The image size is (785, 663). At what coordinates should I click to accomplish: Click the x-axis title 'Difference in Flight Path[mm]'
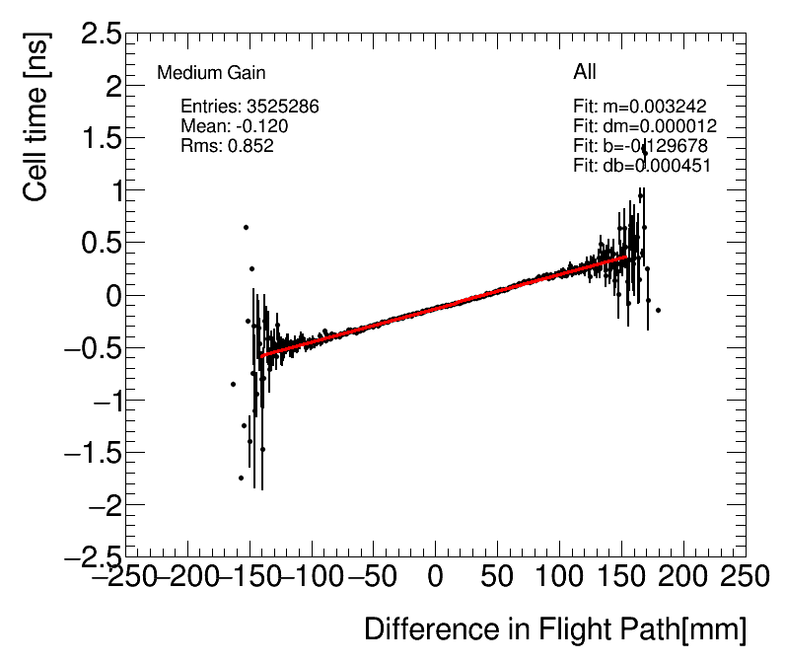pos(555,629)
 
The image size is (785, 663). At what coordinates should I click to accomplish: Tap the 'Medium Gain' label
pos(211,73)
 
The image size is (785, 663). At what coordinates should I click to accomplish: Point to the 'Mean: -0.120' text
pos(235,126)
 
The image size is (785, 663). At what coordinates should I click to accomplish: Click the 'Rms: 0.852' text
pos(227,146)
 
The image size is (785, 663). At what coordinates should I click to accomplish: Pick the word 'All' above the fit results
pos(585,73)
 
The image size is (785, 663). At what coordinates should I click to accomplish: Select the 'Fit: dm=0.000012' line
pos(644,126)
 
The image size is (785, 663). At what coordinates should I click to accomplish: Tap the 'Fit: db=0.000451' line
pos(642,166)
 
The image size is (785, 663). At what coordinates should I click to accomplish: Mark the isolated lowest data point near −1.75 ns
pos(241,478)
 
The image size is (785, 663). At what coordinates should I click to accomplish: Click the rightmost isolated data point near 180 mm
pos(658,310)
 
